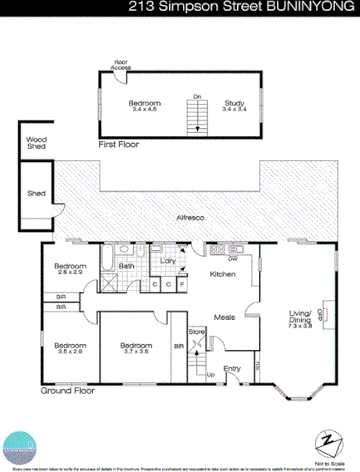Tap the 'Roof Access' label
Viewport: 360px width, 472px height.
pos(121,63)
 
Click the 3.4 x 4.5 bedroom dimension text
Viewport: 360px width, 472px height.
pos(143,109)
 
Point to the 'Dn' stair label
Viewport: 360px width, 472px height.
pos(197,97)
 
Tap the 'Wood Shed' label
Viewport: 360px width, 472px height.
pos(35,143)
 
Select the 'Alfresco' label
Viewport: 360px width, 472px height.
pos(190,217)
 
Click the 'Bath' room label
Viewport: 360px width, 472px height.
pos(126,266)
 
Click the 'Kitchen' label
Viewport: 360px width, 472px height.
pos(223,274)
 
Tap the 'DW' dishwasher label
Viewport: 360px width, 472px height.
pos(233,259)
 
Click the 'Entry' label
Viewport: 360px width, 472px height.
pos(232,369)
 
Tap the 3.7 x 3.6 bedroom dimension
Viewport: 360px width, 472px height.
pos(136,352)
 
